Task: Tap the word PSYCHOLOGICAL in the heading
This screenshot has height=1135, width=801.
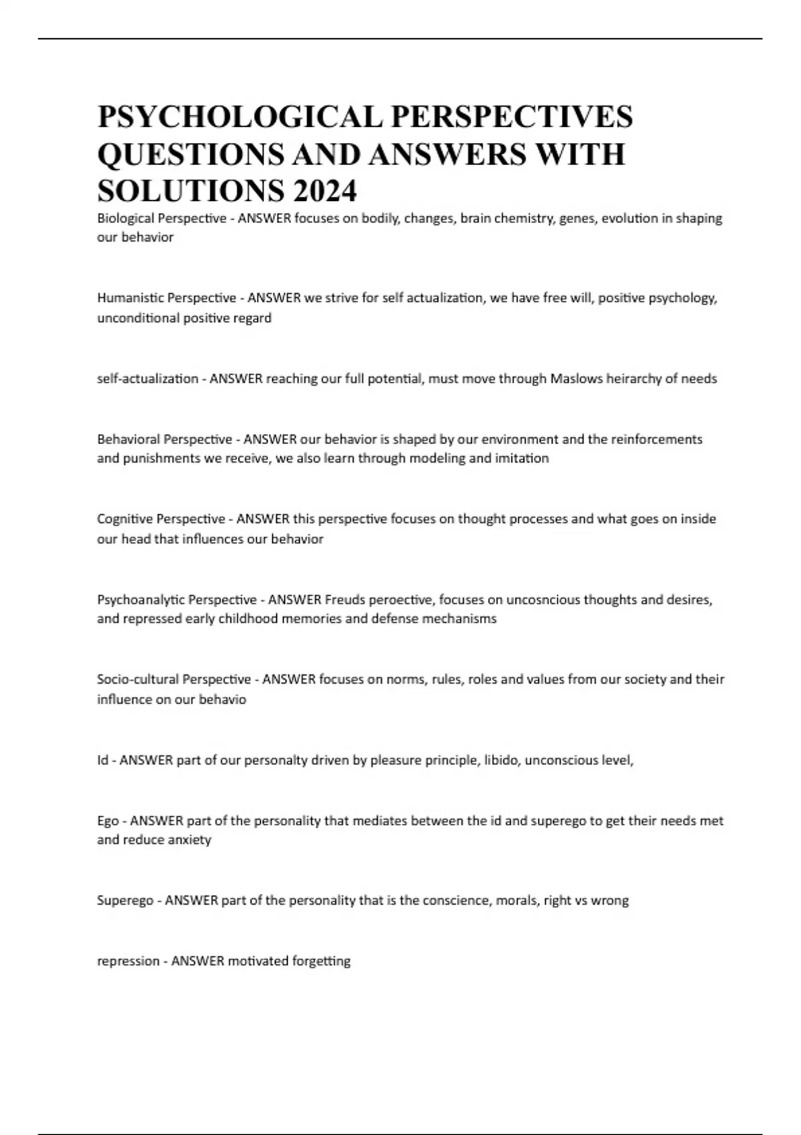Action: click(239, 116)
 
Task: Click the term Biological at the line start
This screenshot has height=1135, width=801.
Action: click(125, 218)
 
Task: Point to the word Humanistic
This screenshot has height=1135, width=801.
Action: click(129, 298)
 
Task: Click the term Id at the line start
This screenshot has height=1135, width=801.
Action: click(102, 760)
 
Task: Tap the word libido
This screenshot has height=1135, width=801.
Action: click(500, 760)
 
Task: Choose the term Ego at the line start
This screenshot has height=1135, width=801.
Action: click(108, 821)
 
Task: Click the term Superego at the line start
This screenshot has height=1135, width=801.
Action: click(124, 901)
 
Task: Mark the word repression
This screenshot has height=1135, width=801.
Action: click(128, 961)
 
